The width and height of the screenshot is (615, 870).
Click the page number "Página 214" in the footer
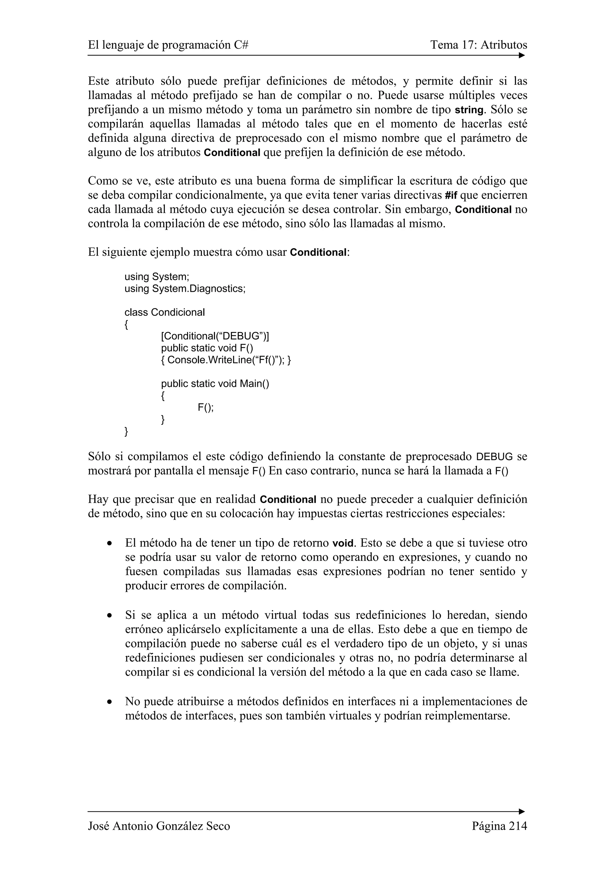[x=499, y=826]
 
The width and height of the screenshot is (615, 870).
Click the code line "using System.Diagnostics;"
[x=185, y=289]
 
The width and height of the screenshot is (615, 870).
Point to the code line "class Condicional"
[x=165, y=312]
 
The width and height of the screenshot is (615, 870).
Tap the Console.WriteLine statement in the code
[x=226, y=360]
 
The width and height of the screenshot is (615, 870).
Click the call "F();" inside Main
[x=205, y=407]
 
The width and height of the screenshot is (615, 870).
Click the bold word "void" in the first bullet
[x=343, y=543]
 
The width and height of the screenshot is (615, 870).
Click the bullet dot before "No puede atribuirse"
[x=110, y=702]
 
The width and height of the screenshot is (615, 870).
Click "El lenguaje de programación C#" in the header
[x=168, y=45]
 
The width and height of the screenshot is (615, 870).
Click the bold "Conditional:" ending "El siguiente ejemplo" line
[x=319, y=252]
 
